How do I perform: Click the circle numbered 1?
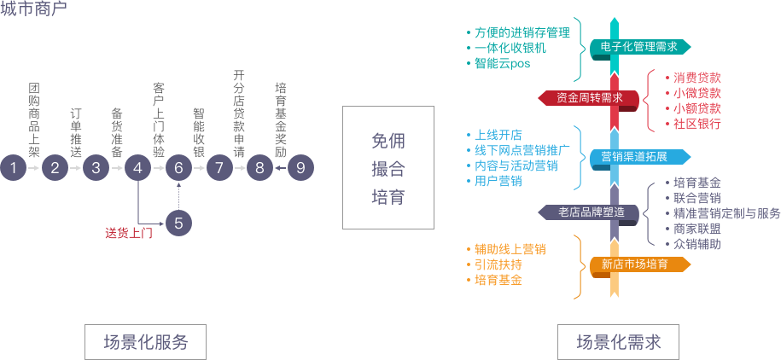coord(13,168)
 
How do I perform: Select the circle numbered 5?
coord(178,224)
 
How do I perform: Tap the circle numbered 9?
coord(300,168)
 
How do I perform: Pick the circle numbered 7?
coord(219,168)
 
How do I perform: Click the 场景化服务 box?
coord(146,342)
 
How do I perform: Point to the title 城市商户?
coord(33,9)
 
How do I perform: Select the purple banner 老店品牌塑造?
coord(591,211)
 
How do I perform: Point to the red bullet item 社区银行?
coord(696,124)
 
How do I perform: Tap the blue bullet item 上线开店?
coord(498,135)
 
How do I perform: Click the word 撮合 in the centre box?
coord(388,168)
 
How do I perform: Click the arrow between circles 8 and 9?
coord(279,168)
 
